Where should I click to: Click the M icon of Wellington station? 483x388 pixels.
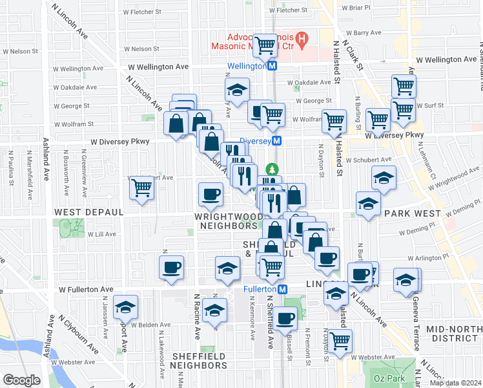coord(272,66)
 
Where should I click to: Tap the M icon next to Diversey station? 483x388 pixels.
coord(276,141)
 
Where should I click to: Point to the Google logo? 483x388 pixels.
coord(21,380)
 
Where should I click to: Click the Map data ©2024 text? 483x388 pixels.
coord(455,383)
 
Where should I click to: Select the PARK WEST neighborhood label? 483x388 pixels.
coord(411,213)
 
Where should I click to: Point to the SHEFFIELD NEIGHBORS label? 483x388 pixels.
coord(200,361)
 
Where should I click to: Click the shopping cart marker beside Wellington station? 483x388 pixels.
coord(265,45)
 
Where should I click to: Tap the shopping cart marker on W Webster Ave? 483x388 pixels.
coord(340,339)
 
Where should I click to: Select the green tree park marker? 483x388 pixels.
coord(272,169)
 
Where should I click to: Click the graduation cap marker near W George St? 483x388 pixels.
coord(237,90)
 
